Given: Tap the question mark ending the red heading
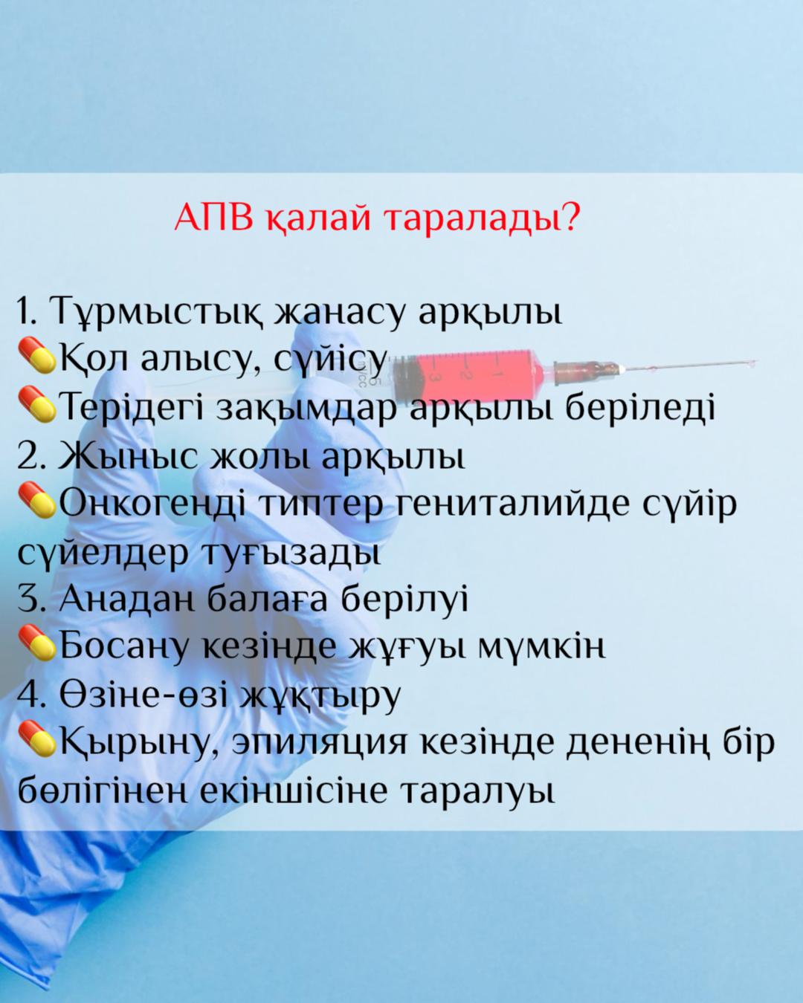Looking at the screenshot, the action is pos(570,217).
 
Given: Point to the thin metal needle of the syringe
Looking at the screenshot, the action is pos(691,365).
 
